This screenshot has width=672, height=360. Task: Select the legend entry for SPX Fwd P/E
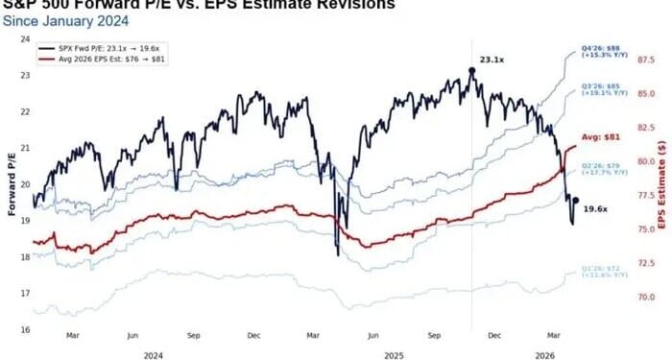click(x=106, y=47)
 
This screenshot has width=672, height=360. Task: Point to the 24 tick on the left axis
click(x=24, y=39)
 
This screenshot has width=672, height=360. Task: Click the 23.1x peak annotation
click(x=492, y=60)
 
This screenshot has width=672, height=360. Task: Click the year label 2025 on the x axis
click(x=393, y=353)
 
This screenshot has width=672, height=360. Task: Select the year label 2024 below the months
click(x=152, y=353)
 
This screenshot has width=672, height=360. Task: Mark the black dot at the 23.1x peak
click(x=471, y=70)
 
